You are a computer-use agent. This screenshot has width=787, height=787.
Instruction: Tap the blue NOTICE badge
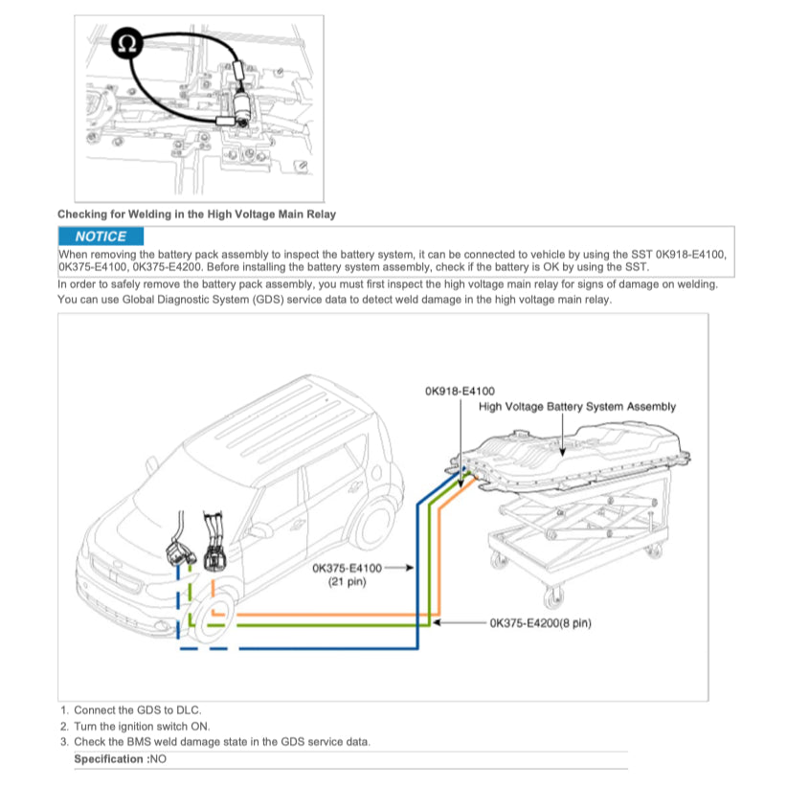pos(100,236)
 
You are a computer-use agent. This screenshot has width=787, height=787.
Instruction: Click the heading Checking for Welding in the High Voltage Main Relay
pos(196,214)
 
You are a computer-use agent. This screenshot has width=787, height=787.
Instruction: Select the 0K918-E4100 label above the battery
pos(460,391)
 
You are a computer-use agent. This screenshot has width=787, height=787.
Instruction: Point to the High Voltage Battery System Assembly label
pos(576,407)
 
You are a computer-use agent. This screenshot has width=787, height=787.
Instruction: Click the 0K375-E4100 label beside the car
pos(347,568)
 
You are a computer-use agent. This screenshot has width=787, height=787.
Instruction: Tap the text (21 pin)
pos(341,582)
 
